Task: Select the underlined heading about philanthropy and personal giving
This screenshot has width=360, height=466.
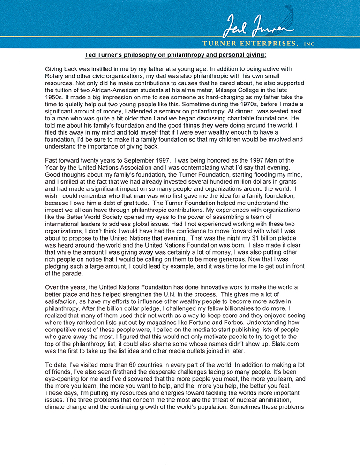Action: (x=175, y=55)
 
